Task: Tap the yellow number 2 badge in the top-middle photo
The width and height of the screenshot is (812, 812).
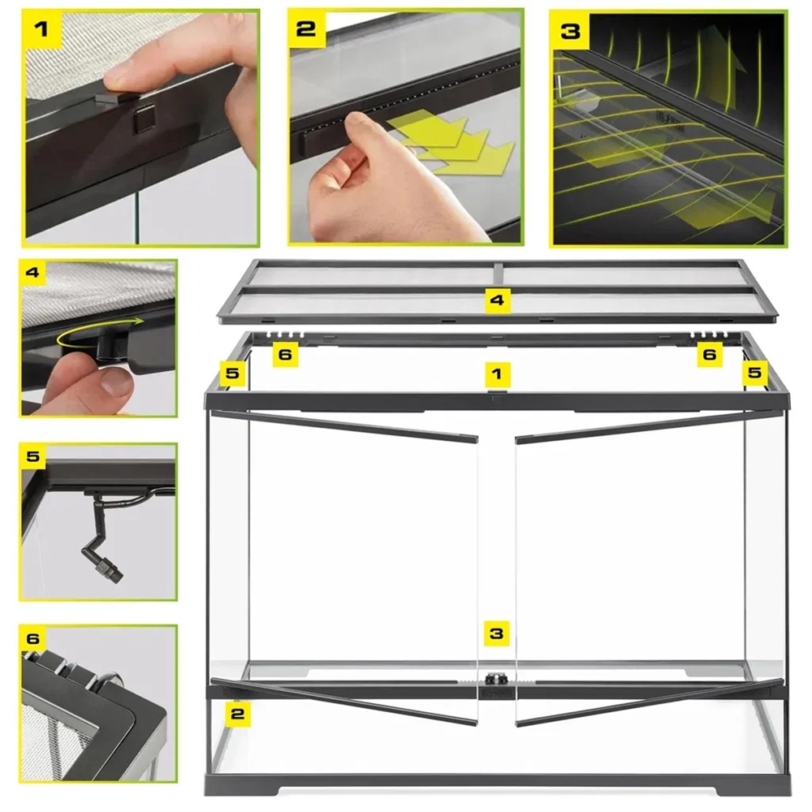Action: pos(307,29)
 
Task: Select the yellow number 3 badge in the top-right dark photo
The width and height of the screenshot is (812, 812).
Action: pos(570,31)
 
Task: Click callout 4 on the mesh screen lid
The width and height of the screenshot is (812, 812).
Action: pos(497,300)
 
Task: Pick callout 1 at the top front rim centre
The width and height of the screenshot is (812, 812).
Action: pos(497,374)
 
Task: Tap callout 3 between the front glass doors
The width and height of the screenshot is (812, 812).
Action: pos(496,633)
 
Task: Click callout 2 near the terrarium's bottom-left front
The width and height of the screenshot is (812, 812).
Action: pos(238,714)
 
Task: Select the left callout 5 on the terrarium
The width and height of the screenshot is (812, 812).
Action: pos(232,373)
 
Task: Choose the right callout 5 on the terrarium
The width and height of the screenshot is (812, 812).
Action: pos(754,373)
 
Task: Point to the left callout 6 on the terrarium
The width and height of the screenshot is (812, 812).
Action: pos(285,355)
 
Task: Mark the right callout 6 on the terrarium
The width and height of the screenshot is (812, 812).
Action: pos(710,355)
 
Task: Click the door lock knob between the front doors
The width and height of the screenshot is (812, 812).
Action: pos(495,678)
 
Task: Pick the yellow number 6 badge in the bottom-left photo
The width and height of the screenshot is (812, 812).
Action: pos(33,638)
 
